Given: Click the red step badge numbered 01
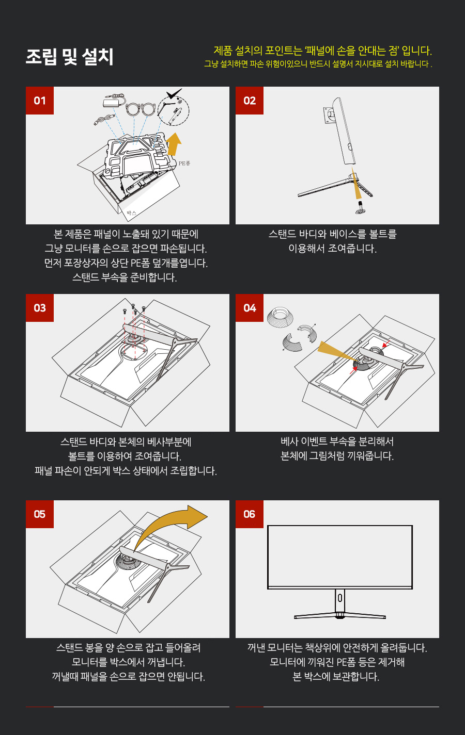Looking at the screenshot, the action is pyautogui.click(x=39, y=101).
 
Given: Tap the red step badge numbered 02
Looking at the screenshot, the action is pyautogui.click(x=250, y=101).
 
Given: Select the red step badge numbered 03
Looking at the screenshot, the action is pyautogui.click(x=39, y=308).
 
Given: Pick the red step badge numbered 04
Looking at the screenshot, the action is pyautogui.click(x=250, y=308).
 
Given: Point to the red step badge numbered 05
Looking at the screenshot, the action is pyautogui.click(x=39, y=514).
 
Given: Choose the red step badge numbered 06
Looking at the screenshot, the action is pyautogui.click(x=250, y=514).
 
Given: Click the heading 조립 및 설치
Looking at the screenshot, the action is pyautogui.click(x=70, y=57).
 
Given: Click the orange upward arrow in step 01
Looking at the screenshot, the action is pyautogui.click(x=174, y=144).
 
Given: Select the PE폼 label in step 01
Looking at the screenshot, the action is pyautogui.click(x=184, y=163).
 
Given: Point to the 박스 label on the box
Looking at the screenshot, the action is pyautogui.click(x=131, y=214).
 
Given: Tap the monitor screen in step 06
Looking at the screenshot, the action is pyautogui.click(x=340, y=556).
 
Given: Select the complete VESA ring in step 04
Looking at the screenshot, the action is pyautogui.click(x=280, y=317).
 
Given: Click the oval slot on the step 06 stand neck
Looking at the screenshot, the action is pyautogui.click(x=340, y=598).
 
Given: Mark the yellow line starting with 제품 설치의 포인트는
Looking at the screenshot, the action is pyautogui.click(x=323, y=51).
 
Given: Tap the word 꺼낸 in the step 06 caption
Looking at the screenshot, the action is pyautogui.click(x=256, y=648).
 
